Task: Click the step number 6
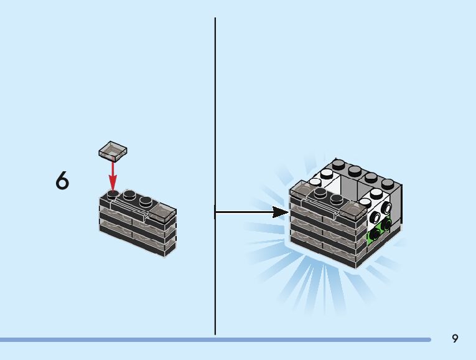62,181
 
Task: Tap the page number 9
455,338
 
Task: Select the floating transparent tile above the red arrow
113,149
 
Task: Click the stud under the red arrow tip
113,194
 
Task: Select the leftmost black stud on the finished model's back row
339,165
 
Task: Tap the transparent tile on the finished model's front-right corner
351,212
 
